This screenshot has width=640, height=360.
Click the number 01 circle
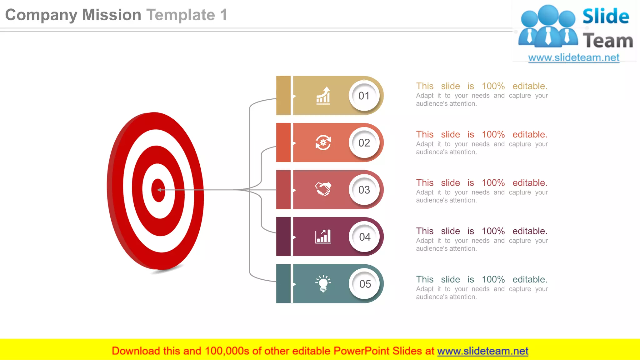[x=364, y=96]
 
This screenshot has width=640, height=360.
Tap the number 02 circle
[x=364, y=143]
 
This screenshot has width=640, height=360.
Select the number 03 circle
[x=364, y=190]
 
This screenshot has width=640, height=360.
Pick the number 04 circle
[x=364, y=237]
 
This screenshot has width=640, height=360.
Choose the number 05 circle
[x=365, y=284]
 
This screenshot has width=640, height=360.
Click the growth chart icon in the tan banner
[x=323, y=96]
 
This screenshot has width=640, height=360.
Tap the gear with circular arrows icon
[x=323, y=143]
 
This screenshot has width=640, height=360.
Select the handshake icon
[x=323, y=189]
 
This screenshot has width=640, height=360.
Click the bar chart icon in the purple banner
[x=323, y=237]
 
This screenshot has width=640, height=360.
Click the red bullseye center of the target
[x=158, y=190]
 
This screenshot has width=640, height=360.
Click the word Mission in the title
[x=112, y=15]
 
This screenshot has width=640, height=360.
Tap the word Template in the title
[x=181, y=15]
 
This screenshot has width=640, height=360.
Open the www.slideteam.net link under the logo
[x=574, y=58]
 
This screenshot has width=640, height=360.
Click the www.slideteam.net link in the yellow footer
[x=482, y=351]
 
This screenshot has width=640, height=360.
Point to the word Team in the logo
[x=608, y=41]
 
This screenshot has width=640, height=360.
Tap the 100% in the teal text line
[x=493, y=279]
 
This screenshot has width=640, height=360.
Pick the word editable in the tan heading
[x=530, y=86]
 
